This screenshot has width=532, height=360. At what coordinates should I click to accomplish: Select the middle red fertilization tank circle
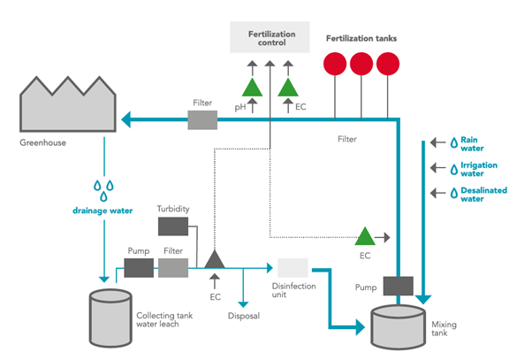[361, 65]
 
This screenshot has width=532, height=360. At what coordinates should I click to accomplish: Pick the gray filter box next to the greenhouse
[202, 119]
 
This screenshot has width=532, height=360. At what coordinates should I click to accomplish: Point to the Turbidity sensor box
[172, 226]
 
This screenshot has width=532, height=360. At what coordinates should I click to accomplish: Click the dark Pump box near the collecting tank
[138, 266]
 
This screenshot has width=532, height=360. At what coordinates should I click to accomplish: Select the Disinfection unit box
[293, 267]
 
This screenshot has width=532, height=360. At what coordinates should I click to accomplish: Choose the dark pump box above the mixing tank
[399, 286]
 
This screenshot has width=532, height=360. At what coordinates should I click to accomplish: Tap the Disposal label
[243, 315]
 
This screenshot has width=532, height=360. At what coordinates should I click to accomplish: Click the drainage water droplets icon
[105, 189]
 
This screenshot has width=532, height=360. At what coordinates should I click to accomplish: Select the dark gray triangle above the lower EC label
[214, 258]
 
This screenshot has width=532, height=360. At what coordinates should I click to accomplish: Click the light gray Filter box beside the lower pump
[173, 266]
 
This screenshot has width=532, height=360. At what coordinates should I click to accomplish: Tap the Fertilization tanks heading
[361, 39]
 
